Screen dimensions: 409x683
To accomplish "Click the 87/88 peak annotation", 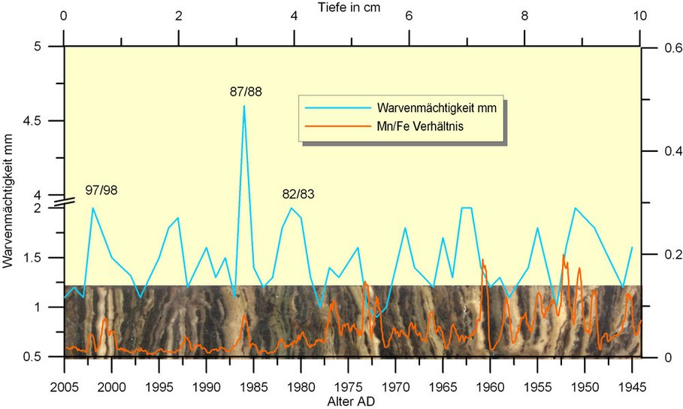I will pyautogui.click(x=246, y=92).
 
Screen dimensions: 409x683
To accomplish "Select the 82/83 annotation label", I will pyautogui.click(x=298, y=194).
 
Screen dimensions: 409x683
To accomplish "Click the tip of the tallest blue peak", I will pyautogui.click(x=244, y=106).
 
